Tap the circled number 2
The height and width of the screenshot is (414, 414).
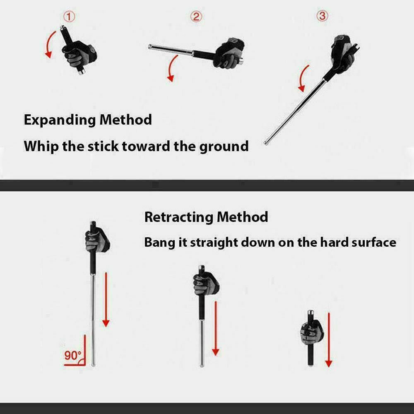pos(196,17)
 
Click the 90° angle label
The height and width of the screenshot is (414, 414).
pos(73,356)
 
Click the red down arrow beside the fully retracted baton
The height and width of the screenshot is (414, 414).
pos(328,339)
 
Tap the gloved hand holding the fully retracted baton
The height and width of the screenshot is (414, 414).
pos(311,331)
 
